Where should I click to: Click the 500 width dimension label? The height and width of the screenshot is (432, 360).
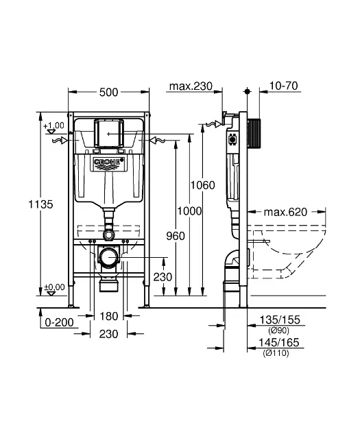tap(108, 93)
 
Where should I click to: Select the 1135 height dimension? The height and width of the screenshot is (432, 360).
tap(40, 204)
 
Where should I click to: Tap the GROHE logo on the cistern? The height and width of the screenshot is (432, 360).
tap(108, 162)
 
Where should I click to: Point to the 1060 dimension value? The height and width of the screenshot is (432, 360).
tap(203, 185)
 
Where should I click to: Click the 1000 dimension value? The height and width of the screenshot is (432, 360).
tap(189, 211)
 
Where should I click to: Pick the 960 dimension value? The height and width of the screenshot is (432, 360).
tap(176, 236)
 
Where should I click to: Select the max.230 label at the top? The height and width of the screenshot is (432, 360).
tap(191, 86)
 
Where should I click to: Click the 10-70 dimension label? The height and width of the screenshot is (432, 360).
tap(283, 86)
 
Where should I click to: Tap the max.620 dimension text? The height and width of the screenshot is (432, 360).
tap(285, 212)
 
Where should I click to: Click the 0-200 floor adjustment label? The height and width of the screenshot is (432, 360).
tap(59, 322)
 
